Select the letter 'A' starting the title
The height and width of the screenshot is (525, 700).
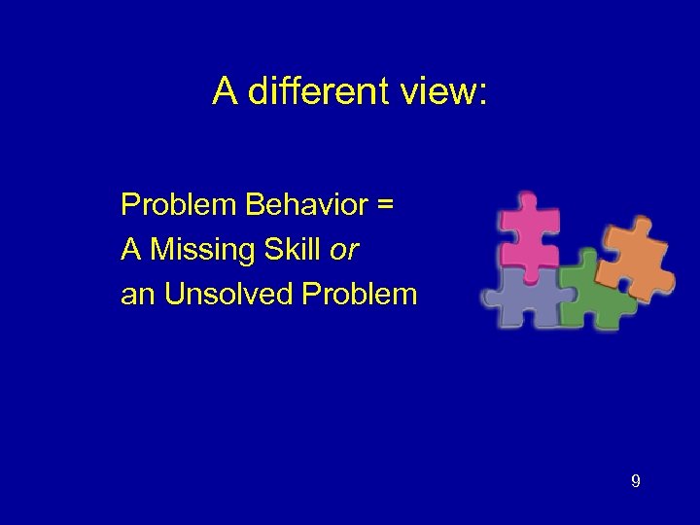(225, 92)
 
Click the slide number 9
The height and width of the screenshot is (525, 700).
(635, 480)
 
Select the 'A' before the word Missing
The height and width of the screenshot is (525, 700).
(130, 250)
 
